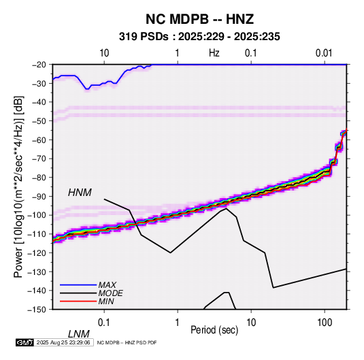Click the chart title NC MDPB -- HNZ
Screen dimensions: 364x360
199,19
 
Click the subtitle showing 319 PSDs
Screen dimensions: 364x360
199,37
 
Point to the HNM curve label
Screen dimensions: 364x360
80,193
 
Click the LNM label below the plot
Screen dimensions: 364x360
79,334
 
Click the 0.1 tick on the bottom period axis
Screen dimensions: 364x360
104,323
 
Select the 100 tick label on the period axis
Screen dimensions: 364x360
325,323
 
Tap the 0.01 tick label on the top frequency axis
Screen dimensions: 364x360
324,53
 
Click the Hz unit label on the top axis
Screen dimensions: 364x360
214,53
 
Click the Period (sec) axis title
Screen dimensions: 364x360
214,330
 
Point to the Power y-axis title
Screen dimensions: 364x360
18,187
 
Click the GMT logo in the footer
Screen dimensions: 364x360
25,342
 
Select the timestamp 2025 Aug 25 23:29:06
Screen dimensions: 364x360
63,342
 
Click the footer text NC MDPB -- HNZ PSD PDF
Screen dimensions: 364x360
127,343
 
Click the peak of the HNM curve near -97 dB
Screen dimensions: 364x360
226,208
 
